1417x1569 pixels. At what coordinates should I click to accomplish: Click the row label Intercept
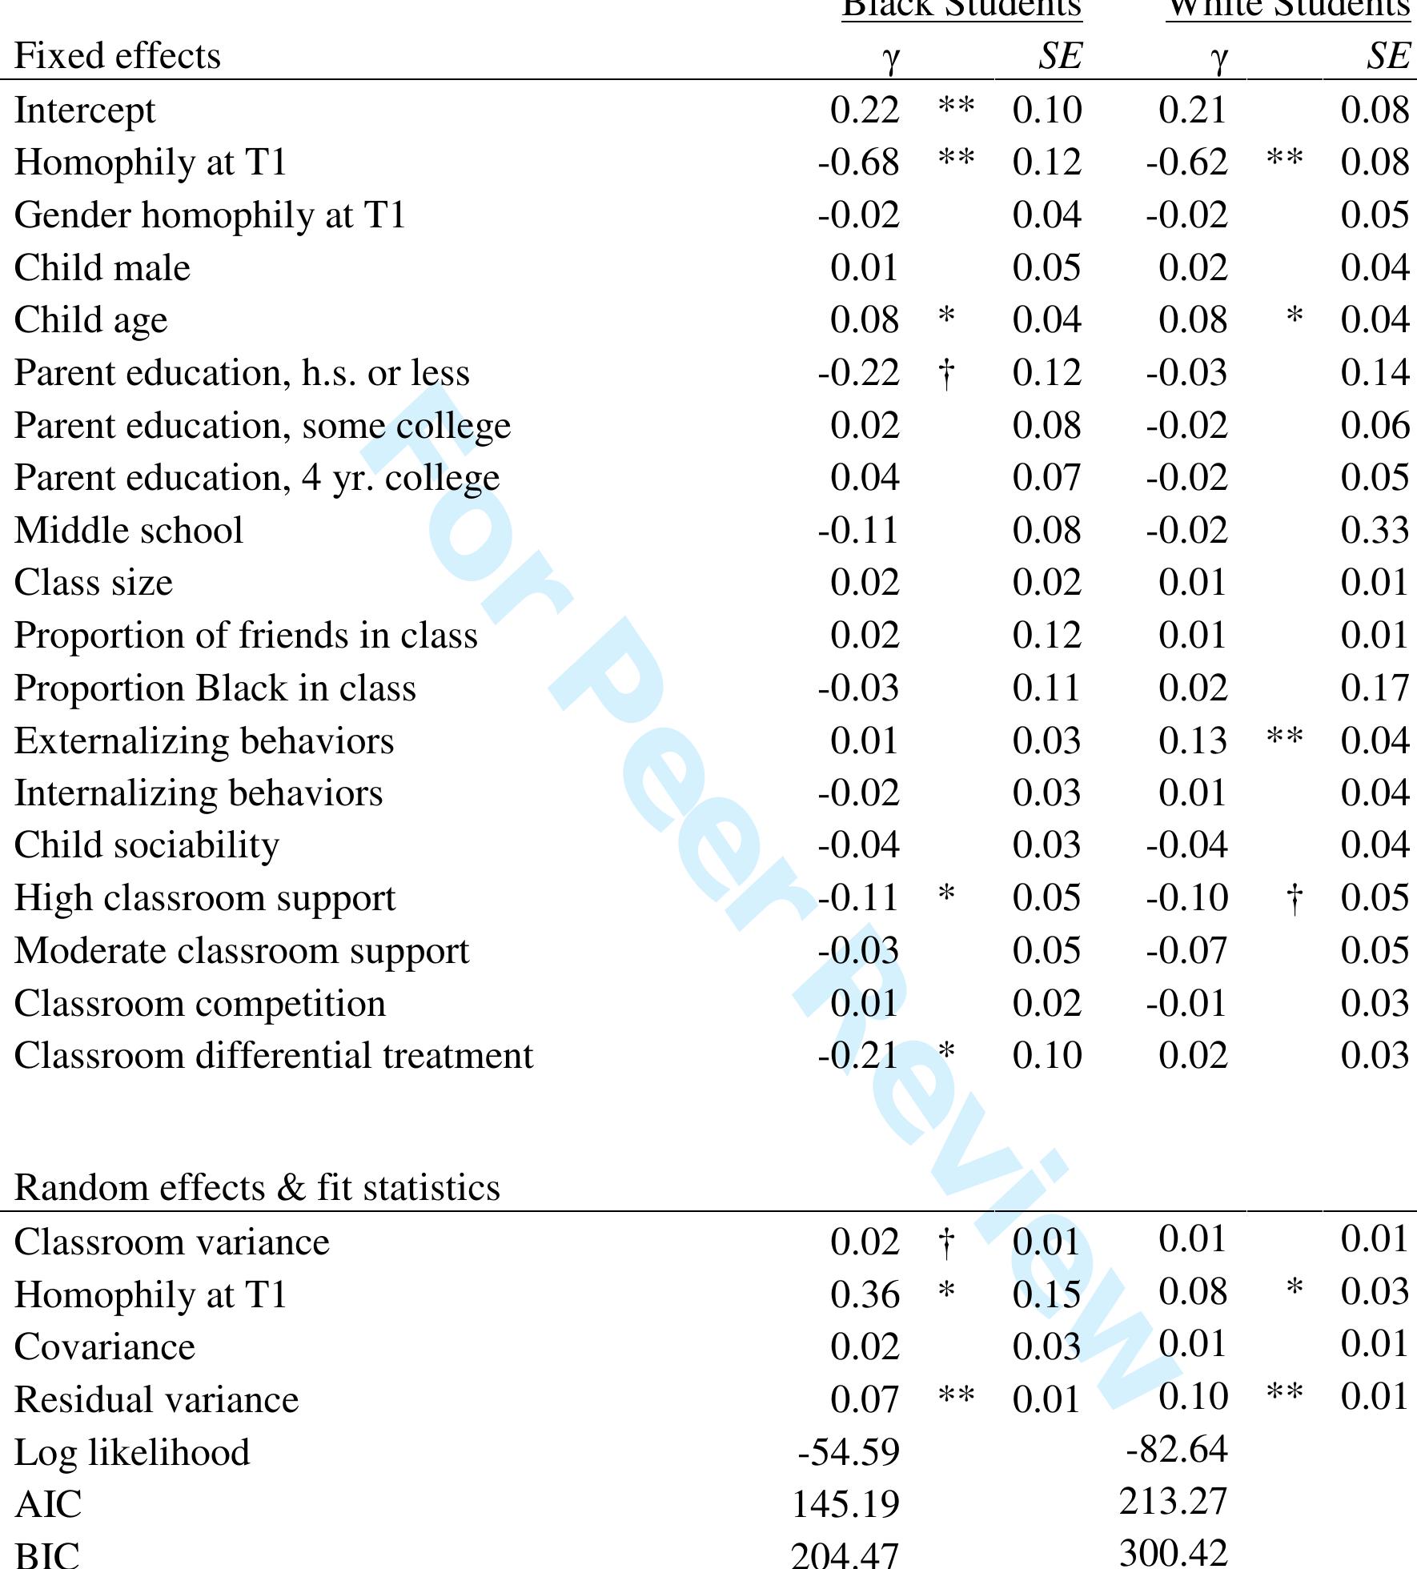click(x=85, y=111)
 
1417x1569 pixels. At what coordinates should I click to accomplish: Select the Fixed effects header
click(x=117, y=57)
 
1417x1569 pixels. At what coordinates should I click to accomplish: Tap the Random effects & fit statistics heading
click(x=257, y=1187)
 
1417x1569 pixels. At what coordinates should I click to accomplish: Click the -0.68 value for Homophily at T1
click(x=858, y=163)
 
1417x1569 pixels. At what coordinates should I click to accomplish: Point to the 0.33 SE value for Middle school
click(x=1375, y=531)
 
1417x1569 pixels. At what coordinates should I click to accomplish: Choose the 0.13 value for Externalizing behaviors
click(x=1192, y=741)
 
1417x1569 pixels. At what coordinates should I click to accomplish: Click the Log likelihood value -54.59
click(x=849, y=1452)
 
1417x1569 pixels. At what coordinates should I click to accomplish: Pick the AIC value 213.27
click(x=1173, y=1501)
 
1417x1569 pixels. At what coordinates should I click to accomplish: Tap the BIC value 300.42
click(x=1173, y=1552)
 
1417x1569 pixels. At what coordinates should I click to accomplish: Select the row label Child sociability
click(x=147, y=846)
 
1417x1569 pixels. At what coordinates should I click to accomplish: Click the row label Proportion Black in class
click(x=215, y=689)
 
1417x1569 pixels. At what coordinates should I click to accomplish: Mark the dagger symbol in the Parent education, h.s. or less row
click(x=946, y=374)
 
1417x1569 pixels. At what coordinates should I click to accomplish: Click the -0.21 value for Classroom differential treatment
click(x=858, y=1056)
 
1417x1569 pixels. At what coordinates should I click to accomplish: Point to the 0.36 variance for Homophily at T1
click(x=865, y=1295)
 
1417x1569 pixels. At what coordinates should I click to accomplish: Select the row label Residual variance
click(x=156, y=1400)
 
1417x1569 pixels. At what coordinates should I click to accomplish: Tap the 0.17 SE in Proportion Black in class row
click(x=1375, y=689)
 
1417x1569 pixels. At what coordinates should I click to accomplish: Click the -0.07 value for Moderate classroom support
click(x=1186, y=951)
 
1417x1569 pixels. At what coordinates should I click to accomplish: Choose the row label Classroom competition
click(x=199, y=1004)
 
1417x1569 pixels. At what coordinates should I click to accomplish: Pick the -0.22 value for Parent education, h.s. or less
click(x=858, y=374)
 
